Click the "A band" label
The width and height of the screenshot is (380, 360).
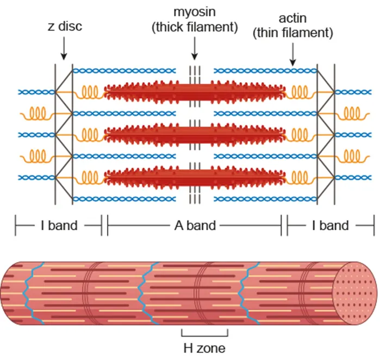194,225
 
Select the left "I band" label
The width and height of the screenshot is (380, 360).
59,225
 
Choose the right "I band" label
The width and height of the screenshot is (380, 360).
330,225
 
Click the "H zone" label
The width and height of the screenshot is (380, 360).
204,348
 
